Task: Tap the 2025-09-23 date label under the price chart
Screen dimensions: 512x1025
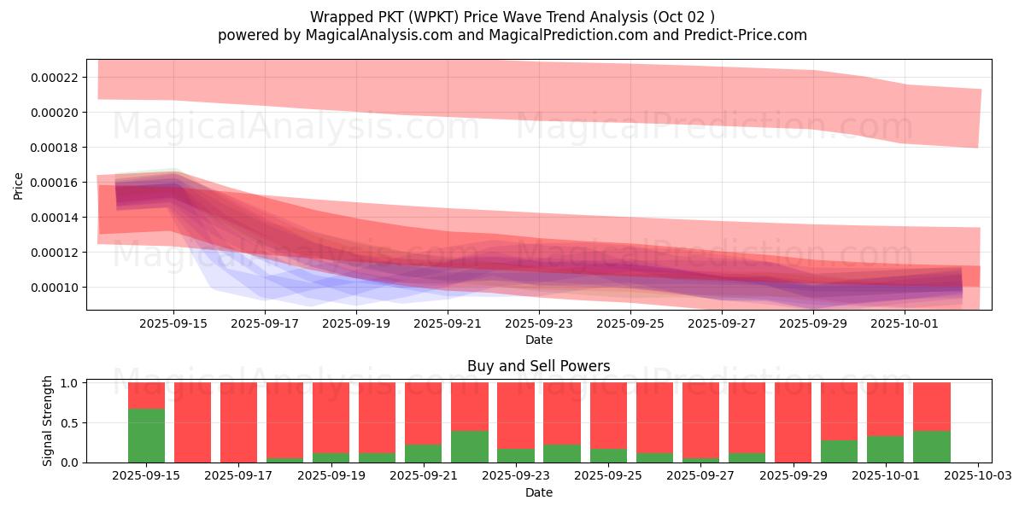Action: point(538,323)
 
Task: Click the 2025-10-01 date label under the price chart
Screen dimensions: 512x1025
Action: point(905,323)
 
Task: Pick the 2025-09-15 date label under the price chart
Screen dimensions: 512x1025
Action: point(173,323)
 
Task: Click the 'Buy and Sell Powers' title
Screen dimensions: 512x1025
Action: point(538,367)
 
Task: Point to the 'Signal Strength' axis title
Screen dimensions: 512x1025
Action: point(48,422)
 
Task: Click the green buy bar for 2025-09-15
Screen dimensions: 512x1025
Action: point(146,435)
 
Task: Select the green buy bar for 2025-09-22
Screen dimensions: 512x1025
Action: point(470,446)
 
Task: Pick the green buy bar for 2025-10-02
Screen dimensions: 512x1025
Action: point(932,446)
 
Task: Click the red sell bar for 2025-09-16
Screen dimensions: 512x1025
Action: point(192,422)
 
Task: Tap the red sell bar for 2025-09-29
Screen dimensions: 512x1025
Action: point(793,422)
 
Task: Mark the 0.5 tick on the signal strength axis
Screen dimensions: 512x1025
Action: point(70,422)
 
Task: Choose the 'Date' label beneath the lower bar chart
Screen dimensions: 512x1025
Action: point(538,492)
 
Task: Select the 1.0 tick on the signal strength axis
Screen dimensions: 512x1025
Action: point(70,383)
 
